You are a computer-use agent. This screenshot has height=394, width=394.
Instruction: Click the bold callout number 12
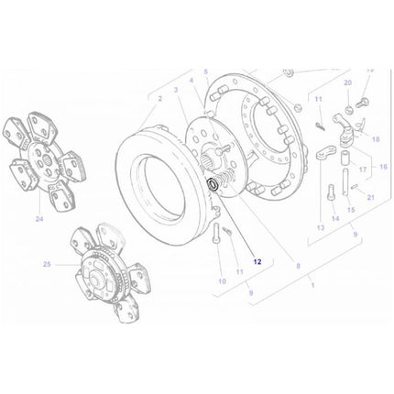[258, 260]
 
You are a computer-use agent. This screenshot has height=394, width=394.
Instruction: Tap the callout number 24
[39, 219]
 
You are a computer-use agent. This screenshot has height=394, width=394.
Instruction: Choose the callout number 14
[336, 219]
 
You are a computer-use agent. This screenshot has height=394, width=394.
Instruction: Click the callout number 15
[353, 211]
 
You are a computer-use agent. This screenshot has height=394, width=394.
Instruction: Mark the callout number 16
[383, 167]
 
